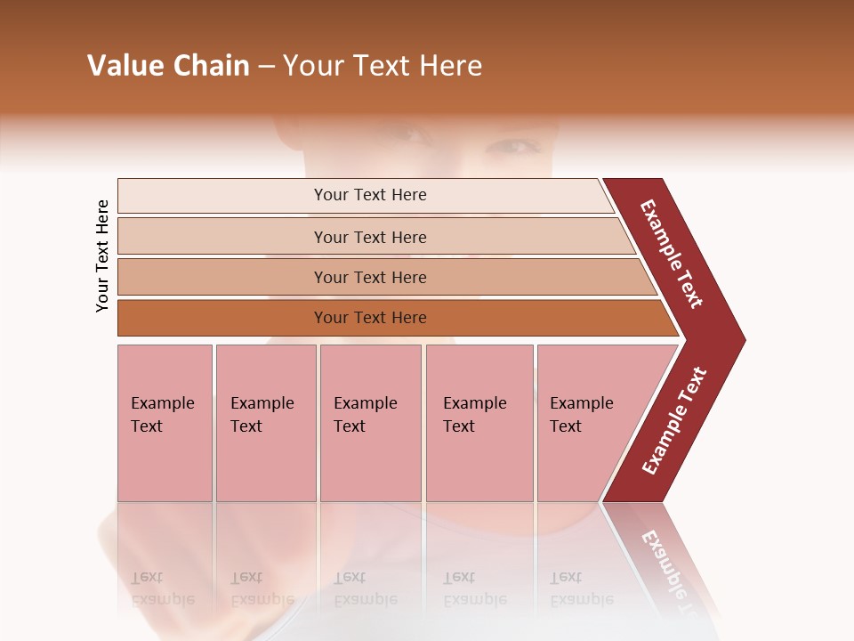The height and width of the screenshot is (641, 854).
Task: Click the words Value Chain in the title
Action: (168, 66)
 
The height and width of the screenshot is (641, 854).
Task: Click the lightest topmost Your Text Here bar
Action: (369, 195)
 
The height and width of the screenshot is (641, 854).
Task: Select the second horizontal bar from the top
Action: (369, 237)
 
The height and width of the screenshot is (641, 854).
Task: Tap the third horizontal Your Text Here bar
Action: (369, 277)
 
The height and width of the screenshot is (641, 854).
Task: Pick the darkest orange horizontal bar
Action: (369, 318)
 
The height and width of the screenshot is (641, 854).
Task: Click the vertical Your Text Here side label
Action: (102, 256)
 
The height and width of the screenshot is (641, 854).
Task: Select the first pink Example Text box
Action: (165, 423)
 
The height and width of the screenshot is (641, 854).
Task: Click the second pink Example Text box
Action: (265, 423)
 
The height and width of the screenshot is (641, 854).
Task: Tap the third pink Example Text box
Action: (370, 423)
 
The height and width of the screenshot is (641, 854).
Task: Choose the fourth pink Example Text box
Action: (479, 423)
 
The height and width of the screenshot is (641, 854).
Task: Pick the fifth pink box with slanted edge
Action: (587, 423)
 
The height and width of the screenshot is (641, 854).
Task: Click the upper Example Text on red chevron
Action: (673, 254)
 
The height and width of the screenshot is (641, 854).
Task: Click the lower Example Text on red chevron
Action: (674, 420)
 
